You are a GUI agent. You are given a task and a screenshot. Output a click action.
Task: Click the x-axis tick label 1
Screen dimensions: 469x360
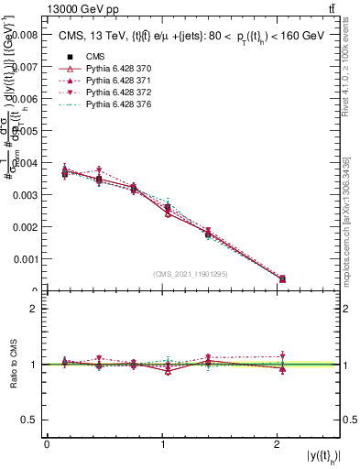coord(163,444)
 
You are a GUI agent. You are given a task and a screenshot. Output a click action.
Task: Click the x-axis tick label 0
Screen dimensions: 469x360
coord(46,444)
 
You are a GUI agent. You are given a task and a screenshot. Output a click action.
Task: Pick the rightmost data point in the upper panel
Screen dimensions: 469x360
coord(282,278)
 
